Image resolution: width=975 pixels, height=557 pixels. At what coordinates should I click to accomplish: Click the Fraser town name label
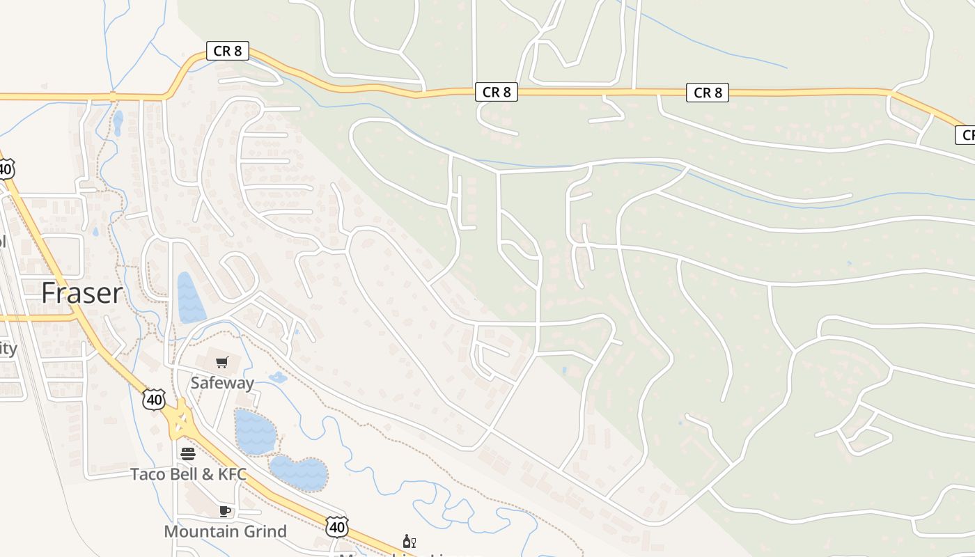81,293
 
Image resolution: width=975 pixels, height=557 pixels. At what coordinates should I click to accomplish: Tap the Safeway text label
222,383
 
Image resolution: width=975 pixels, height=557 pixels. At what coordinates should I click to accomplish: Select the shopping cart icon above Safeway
222,362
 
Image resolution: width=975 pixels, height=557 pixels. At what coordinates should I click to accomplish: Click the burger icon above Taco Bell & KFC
188,454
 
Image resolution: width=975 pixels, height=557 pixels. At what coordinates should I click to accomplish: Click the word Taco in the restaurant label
148,475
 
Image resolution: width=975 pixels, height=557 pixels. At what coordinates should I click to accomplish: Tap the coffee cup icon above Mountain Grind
225,512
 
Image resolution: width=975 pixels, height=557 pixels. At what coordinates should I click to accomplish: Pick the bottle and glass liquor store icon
409,542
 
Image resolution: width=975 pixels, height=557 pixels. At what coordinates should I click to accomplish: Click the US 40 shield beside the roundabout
154,399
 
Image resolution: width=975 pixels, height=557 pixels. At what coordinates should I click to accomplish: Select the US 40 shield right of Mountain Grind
336,526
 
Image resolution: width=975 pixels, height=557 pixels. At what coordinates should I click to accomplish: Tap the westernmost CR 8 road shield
228,50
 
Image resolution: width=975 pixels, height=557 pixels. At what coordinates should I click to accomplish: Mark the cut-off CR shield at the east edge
965,135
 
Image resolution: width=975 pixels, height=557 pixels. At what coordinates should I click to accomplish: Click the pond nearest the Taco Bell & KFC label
299,473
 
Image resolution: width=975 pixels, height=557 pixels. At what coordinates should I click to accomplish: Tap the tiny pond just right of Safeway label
278,378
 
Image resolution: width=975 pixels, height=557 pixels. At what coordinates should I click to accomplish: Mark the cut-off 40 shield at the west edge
6,168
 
